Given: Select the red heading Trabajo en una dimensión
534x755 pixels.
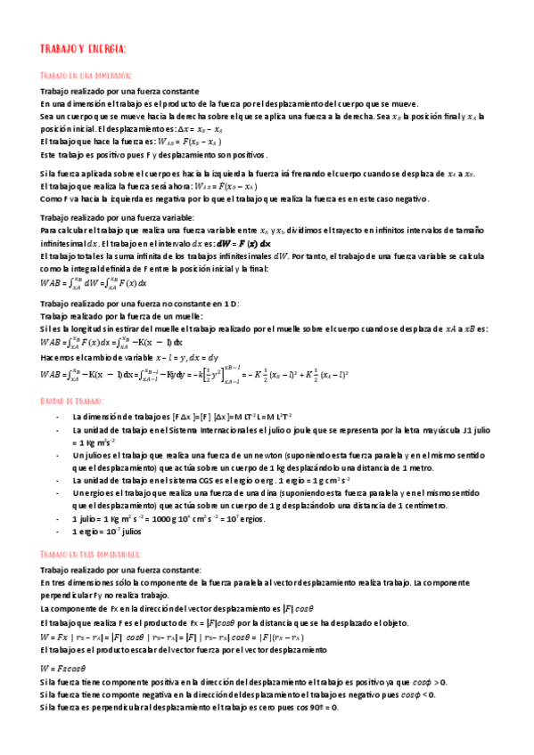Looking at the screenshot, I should click(86, 77).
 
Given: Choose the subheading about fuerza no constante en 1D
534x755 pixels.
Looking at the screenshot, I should click(139, 304).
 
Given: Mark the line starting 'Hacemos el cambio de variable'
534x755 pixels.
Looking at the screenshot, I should click(123, 357).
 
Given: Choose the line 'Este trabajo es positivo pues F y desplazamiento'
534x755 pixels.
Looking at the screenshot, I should click(154, 155).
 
